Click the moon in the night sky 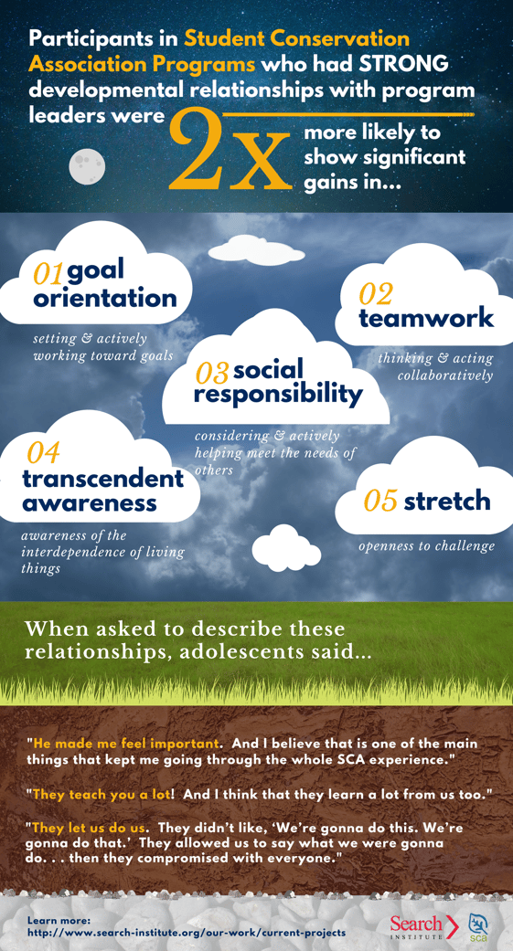point(87,165)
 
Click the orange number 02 point(375,293)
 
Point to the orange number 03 point(212,372)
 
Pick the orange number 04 point(43,452)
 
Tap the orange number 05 point(380,501)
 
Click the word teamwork point(426,318)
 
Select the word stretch point(447,501)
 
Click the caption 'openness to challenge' point(426,546)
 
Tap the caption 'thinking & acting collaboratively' point(436,366)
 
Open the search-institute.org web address point(187,932)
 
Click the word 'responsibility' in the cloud point(278,395)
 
